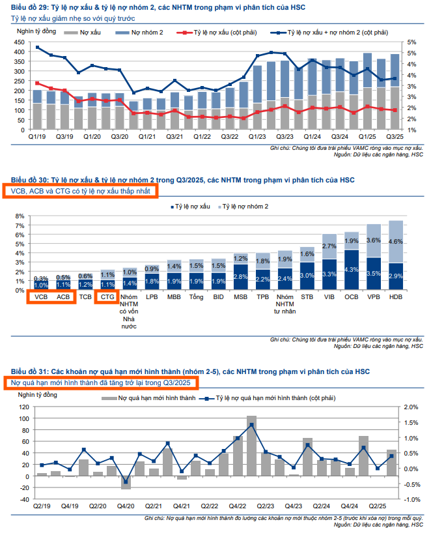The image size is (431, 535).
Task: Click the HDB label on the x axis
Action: click(395, 296)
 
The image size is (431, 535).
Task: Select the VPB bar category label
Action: click(373, 296)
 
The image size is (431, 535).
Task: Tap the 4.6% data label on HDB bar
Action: click(395, 241)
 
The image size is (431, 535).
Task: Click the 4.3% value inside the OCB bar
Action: click(352, 269)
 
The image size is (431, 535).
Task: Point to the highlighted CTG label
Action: click(107, 296)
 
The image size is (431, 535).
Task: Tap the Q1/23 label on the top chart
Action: click(257, 137)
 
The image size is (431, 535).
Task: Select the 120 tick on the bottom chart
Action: click(25, 407)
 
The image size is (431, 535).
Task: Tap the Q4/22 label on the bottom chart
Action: click(237, 506)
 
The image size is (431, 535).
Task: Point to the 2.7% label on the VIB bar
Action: click(329, 246)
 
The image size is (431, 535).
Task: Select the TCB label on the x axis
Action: click(85, 296)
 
